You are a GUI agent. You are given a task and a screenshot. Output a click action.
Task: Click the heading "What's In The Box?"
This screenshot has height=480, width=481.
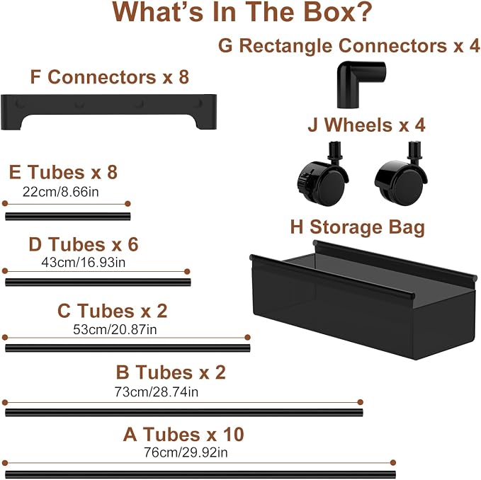coord(242,12)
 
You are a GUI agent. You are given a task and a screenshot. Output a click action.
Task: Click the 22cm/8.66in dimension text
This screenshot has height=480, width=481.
coord(61,192)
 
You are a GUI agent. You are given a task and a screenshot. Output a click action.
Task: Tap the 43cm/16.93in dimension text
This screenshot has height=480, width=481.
coord(84,263)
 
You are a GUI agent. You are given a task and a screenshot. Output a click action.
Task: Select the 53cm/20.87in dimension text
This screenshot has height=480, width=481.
coord(115,329)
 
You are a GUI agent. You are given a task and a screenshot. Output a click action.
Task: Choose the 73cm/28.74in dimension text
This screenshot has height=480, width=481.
coord(157,392)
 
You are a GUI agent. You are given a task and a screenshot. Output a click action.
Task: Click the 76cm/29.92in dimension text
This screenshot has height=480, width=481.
coord(186,452)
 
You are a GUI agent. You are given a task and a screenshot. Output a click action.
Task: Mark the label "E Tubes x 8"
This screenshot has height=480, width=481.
coord(63,172)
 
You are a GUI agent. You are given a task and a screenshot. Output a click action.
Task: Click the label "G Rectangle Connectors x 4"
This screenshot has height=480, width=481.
coord(349,46)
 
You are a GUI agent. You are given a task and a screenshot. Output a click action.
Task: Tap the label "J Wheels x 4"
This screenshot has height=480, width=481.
coord(366,125)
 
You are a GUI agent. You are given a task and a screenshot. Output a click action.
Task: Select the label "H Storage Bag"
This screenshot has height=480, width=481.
coord(358,227)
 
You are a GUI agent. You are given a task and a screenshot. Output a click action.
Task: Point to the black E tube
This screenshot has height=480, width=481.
coord(68,217)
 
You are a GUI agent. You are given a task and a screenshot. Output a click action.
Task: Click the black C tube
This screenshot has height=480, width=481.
coord(128,348)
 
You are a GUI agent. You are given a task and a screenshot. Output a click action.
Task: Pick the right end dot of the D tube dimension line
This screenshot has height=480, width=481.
coord(187,271)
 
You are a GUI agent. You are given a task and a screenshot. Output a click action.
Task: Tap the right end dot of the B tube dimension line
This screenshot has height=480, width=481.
coord(361,402)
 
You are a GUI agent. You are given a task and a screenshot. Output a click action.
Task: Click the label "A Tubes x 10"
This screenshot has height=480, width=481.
coord(183,434)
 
